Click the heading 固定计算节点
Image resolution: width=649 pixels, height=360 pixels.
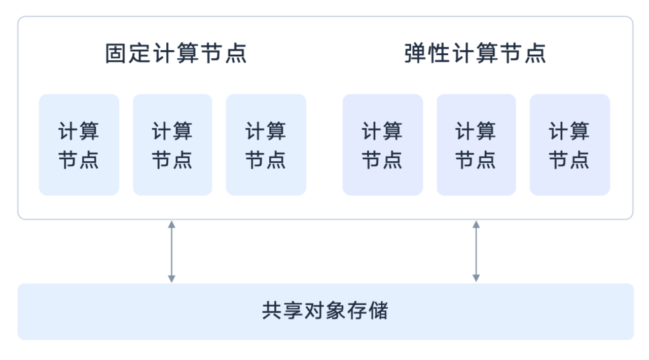pyautogui.click(x=176, y=54)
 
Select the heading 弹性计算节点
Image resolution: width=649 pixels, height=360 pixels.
pyautogui.click(x=475, y=54)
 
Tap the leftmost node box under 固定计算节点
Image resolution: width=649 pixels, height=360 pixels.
pyautogui.click(x=79, y=145)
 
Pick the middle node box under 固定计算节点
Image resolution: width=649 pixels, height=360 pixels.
pyautogui.click(x=172, y=145)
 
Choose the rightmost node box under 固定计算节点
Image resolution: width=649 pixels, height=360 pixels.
pyautogui.click(x=266, y=145)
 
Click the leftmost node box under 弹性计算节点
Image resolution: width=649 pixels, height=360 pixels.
pyautogui.click(x=383, y=145)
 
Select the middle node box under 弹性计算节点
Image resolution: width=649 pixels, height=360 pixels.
pyautogui.click(x=476, y=145)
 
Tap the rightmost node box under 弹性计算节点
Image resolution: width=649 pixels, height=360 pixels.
pyautogui.click(x=570, y=145)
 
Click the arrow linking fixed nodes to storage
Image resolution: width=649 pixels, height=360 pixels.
pyautogui.click(x=172, y=251)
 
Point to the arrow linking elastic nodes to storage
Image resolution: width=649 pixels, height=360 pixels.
pyautogui.click(x=476, y=251)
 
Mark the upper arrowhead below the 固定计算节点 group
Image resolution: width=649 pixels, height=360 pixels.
pyautogui.click(x=172, y=224)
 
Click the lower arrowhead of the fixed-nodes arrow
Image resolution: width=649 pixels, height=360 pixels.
pyautogui.click(x=172, y=278)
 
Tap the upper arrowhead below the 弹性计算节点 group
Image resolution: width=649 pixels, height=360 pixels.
pyautogui.click(x=476, y=224)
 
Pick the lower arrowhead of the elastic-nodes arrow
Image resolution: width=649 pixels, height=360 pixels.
pyautogui.click(x=476, y=278)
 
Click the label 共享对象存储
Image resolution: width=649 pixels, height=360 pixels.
pyautogui.click(x=325, y=311)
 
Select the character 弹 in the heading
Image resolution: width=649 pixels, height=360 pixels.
pyautogui.click(x=416, y=54)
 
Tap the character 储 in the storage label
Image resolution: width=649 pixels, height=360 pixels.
pyautogui.click(x=378, y=311)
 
